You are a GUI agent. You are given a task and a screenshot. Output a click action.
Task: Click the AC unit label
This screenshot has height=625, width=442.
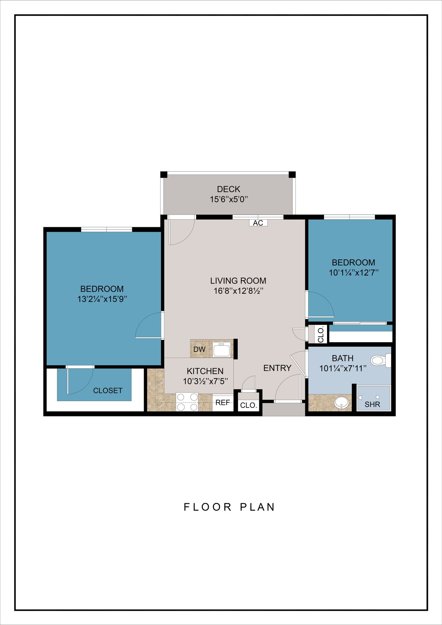[x=258, y=223]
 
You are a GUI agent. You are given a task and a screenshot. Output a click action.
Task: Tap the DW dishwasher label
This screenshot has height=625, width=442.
[x=199, y=349]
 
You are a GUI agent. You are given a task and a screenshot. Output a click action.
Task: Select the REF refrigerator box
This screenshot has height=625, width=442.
[x=223, y=403]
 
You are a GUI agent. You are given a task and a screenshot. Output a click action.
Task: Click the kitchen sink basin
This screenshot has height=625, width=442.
[x=222, y=350]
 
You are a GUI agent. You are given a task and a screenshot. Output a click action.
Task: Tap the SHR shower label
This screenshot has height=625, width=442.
[x=372, y=405]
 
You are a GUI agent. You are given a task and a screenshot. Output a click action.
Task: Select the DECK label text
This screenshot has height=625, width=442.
[x=229, y=189]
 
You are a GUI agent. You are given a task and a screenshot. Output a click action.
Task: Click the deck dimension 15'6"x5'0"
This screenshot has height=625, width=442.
[x=229, y=199]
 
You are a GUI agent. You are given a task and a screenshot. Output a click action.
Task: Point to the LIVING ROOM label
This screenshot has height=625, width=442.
[x=238, y=281]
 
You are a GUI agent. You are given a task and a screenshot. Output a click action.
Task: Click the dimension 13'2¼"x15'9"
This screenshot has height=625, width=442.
[x=102, y=299]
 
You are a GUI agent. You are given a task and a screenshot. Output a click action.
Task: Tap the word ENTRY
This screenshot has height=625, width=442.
[x=277, y=368]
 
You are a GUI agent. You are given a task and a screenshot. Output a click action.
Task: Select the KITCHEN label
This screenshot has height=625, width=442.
[x=205, y=371]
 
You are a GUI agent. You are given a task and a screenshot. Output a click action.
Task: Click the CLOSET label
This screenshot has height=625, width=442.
[x=108, y=391]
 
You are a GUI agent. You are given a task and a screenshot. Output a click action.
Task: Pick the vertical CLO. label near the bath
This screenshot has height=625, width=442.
[x=321, y=334]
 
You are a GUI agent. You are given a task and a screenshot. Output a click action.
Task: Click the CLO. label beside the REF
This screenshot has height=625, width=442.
[x=249, y=406]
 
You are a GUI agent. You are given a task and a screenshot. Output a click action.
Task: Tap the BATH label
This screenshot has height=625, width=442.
[x=343, y=358]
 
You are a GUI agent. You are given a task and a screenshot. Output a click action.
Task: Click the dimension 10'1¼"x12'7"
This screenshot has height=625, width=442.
[x=354, y=273]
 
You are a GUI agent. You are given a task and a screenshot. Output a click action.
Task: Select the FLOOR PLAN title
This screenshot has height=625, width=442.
[x=229, y=507]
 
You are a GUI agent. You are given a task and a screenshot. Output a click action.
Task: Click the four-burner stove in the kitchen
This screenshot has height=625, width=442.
[x=187, y=402]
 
